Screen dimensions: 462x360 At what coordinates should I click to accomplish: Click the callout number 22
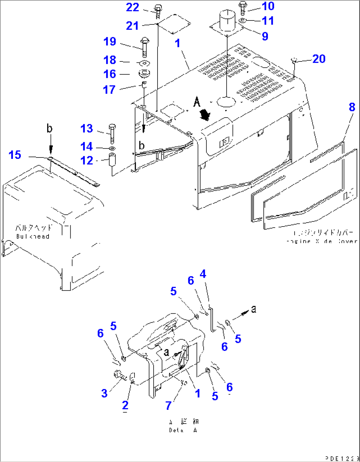(132, 8)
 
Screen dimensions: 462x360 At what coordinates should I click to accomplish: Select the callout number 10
(268, 6)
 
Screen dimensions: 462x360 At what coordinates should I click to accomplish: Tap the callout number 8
(352, 107)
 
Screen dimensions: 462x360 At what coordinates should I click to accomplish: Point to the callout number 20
(319, 59)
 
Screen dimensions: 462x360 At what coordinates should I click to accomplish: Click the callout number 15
(15, 155)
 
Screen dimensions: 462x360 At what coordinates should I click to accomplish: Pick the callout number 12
(87, 160)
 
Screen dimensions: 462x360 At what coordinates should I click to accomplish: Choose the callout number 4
(203, 274)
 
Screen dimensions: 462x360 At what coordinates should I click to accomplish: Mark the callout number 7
(168, 405)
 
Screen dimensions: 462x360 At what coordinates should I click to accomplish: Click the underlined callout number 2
(125, 405)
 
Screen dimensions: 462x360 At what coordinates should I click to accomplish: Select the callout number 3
(104, 393)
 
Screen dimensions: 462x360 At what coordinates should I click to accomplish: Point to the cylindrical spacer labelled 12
(112, 160)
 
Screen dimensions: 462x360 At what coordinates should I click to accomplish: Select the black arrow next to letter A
(206, 115)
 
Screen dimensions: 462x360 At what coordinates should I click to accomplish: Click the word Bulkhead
(33, 236)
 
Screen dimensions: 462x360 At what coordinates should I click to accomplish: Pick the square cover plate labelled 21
(174, 24)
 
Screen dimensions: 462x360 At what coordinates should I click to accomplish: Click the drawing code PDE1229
(342, 458)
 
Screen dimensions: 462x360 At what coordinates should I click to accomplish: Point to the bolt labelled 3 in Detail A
(119, 375)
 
